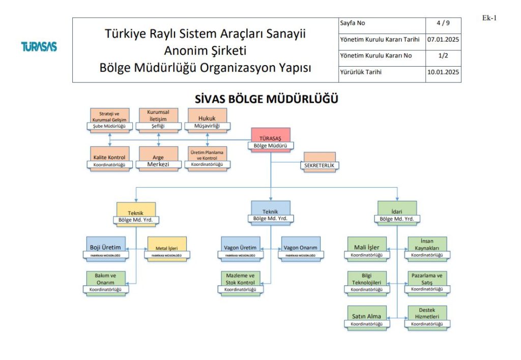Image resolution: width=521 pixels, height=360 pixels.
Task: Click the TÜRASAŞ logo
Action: coord(39,47)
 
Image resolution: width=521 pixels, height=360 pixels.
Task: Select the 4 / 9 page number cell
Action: coord(443,23)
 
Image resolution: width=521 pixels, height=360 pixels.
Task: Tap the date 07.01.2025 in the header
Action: coord(443,39)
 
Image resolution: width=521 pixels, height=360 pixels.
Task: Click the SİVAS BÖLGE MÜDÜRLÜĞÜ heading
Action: coord(267,99)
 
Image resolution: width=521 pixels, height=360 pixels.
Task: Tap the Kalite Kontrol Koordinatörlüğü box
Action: coord(109,159)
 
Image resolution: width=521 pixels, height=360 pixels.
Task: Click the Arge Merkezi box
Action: coord(158,159)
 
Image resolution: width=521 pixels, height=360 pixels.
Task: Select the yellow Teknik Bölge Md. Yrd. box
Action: coord(136,214)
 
